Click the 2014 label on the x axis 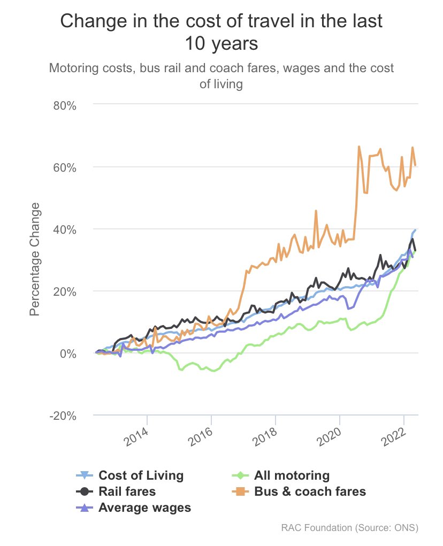135,437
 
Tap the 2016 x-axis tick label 200,437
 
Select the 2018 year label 264,437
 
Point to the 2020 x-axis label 328,437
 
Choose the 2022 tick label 392,437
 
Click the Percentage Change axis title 35,259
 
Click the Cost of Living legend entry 141,475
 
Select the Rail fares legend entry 127,491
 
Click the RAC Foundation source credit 349,528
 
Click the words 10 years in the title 222,43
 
